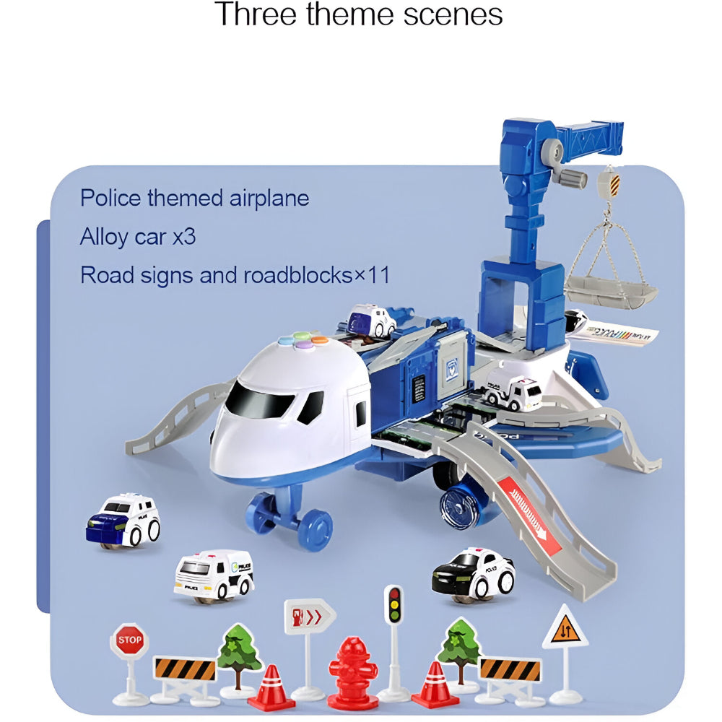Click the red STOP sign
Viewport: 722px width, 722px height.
click(129, 640)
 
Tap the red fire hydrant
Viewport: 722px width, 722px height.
click(352, 671)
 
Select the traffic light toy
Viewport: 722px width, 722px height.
click(393, 605)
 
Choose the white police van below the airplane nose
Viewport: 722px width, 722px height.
click(214, 575)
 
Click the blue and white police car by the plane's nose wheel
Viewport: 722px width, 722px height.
click(123, 520)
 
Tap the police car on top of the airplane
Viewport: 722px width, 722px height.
click(372, 320)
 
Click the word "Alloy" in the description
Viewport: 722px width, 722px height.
click(104, 237)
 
